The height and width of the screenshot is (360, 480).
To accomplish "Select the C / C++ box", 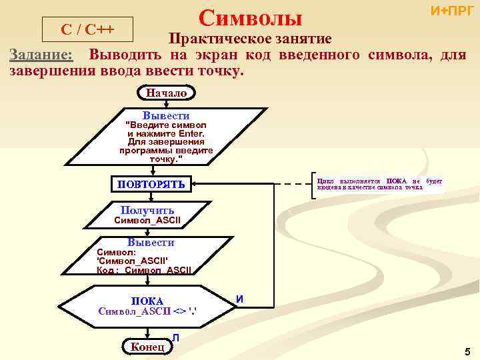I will coord(87,30).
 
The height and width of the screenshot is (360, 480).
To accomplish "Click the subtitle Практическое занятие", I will coord(249,39).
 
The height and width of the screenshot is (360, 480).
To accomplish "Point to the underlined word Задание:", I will coord(41,55).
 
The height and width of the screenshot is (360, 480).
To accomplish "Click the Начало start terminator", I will coord(166,93).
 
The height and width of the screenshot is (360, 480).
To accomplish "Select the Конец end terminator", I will coord(147,346).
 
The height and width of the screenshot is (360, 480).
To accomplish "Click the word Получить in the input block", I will coord(147,211).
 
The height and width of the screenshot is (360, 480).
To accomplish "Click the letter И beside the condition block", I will coord(239,300).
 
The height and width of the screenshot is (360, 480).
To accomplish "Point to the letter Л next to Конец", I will coord(175,339).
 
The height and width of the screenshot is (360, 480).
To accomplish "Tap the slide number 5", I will coord(467,351).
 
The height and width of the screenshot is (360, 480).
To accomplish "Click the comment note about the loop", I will coord(378,184).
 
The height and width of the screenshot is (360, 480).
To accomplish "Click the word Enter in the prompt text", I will coord(189,133).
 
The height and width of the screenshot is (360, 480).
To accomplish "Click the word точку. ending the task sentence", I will coord(217,71).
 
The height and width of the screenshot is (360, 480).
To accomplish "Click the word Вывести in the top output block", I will coord(166,115).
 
